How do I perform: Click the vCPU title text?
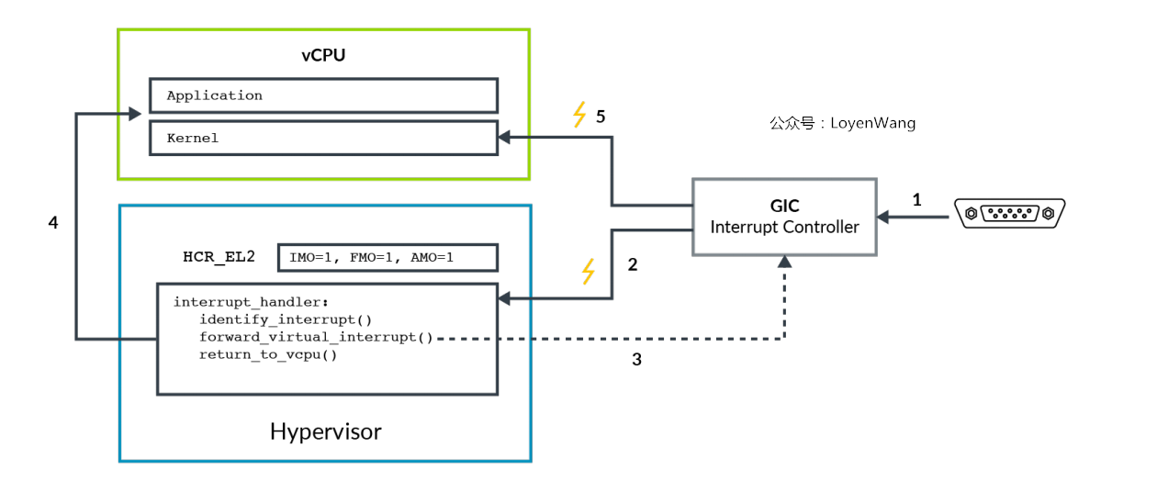coord(323,56)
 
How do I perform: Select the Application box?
coord(323,95)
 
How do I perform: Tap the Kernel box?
coord(323,139)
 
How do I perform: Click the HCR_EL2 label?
coord(219,257)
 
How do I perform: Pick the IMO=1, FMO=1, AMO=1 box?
coord(388,258)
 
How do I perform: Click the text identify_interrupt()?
coord(286,319)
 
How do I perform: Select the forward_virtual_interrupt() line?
coord(316,337)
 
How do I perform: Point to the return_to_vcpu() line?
coord(268,354)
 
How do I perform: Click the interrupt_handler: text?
coord(251,302)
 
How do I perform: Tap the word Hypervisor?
coord(325,431)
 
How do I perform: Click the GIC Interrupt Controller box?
coord(784,217)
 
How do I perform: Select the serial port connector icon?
coord(1010,214)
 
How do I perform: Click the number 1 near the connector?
coord(915,199)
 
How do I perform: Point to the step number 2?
coord(632,266)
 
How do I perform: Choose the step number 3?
coord(636,360)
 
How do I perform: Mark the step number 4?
coord(53,223)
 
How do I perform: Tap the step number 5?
coord(601,117)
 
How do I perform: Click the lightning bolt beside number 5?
coord(578,115)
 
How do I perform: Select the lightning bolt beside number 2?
coord(589,272)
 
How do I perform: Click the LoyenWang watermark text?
coord(842,123)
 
